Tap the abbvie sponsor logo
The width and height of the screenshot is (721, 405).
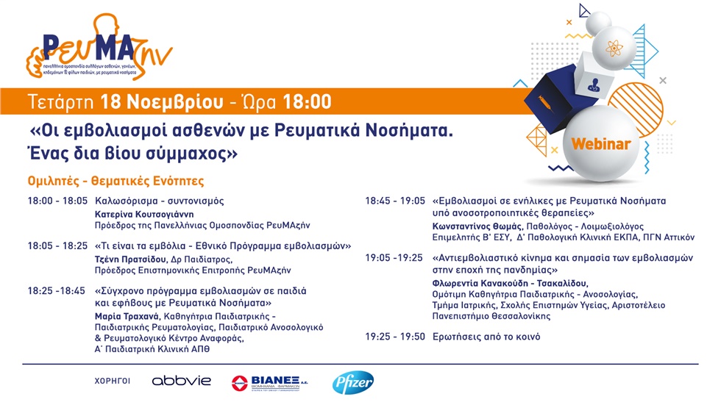tap(181, 381)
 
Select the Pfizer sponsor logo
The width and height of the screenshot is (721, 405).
tap(352, 381)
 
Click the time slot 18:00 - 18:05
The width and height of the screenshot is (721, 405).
tap(57, 201)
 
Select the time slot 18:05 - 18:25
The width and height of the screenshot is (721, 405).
tap(57, 245)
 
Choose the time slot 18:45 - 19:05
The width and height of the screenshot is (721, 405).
tap(395, 201)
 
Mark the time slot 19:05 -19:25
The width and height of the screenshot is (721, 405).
tap(395, 258)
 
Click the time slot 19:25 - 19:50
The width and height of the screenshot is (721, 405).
tap(395, 337)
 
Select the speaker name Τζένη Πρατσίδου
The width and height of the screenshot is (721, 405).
tap(129, 259)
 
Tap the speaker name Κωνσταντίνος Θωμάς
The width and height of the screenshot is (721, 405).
tap(477, 226)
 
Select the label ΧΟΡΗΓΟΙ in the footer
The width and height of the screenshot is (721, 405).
tap(113, 381)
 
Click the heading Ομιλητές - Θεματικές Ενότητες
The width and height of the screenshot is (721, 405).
tap(116, 181)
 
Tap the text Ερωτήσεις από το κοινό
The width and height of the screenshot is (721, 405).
tap(486, 337)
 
